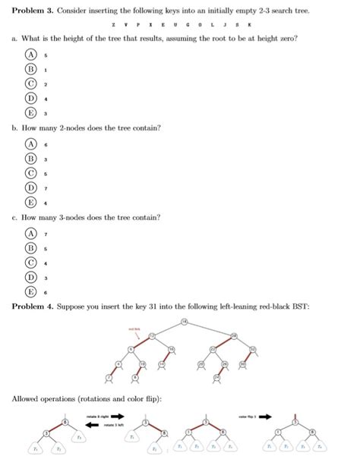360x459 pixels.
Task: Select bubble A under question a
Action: (31, 55)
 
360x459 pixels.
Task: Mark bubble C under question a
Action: (31, 83)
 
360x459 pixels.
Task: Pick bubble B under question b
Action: (31, 159)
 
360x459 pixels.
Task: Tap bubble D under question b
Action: (31, 187)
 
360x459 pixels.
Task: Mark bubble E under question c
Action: (31, 291)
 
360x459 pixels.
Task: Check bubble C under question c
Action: (31, 263)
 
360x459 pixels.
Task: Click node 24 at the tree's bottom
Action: (217, 377)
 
